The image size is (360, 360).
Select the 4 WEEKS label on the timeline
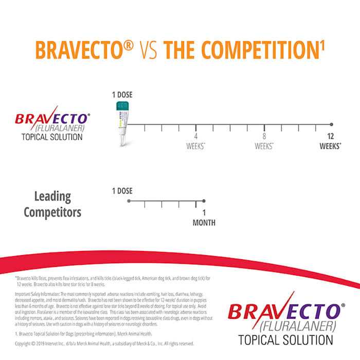click(195, 141)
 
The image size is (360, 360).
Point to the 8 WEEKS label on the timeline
click(264, 141)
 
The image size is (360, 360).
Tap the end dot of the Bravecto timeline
click(331, 124)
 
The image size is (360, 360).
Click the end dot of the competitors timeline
click(204, 201)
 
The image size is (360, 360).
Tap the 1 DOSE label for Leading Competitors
click(122, 191)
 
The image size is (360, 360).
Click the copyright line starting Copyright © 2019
click(104, 344)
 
